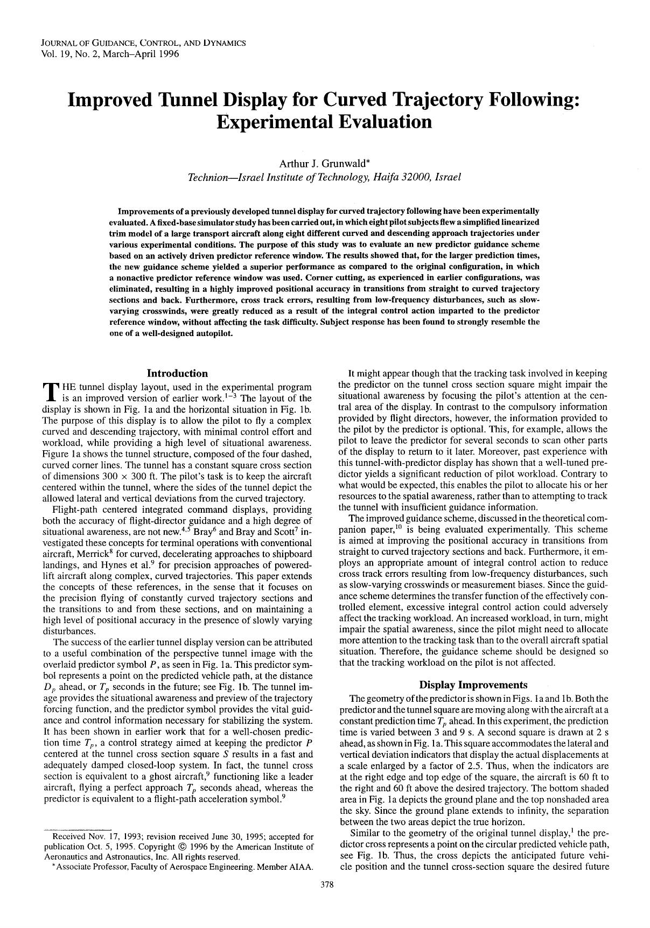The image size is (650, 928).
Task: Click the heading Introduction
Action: point(177,373)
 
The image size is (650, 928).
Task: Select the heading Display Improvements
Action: point(473,685)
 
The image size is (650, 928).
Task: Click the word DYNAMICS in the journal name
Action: point(225,43)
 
